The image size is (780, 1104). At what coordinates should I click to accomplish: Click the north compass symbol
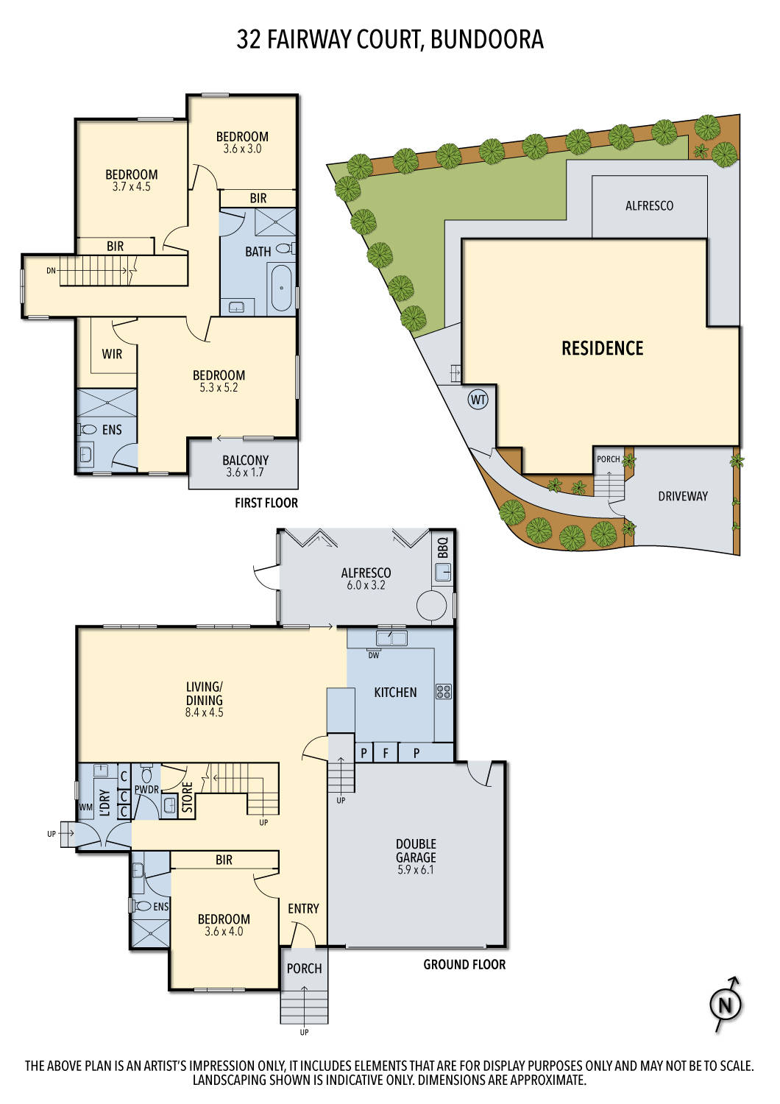tap(726, 1004)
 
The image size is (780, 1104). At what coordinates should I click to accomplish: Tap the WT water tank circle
tap(478, 400)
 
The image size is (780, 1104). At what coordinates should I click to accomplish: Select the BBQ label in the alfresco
tap(442, 548)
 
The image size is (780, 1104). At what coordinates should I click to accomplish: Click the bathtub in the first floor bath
tap(281, 289)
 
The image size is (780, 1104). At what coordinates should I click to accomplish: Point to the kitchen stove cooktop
tap(443, 691)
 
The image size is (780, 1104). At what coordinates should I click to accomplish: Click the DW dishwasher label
tap(374, 655)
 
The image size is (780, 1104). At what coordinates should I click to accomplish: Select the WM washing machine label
tap(86, 807)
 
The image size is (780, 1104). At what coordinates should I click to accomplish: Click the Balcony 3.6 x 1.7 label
tap(245, 466)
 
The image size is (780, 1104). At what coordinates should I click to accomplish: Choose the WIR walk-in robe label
tap(112, 354)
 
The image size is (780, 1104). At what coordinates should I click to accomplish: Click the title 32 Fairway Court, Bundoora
tap(389, 39)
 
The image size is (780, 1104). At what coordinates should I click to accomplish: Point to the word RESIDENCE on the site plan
tap(602, 349)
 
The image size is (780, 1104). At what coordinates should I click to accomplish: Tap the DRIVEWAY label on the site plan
tap(682, 496)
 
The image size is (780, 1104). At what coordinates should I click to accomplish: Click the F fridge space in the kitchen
tap(385, 753)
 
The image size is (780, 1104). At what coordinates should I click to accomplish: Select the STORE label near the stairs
tap(188, 798)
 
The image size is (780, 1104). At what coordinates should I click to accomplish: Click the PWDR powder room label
tap(146, 790)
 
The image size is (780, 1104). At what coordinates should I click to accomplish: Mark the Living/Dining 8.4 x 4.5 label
tap(204, 699)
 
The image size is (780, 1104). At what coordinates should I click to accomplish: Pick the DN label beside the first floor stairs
tap(51, 270)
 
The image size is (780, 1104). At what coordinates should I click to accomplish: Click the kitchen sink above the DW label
tap(391, 638)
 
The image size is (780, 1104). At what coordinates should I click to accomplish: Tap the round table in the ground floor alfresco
tap(432, 606)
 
